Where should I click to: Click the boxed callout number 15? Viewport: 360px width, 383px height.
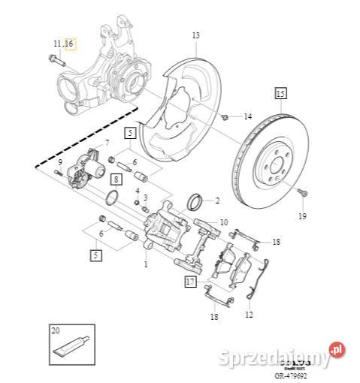tap(280, 94)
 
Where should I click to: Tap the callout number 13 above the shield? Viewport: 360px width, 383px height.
tap(195, 35)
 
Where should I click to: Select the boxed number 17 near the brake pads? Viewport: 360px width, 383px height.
tap(191, 282)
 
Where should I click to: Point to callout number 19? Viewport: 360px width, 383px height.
tap(302, 217)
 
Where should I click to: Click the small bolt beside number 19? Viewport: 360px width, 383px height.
tap(301, 193)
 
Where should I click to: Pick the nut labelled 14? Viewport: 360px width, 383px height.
tap(225, 117)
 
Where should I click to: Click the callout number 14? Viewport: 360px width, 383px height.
tap(249, 117)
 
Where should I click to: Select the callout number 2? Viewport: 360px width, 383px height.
tap(218, 201)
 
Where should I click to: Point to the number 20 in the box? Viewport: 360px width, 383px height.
tap(55, 330)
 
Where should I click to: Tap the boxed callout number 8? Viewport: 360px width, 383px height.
tap(116, 179)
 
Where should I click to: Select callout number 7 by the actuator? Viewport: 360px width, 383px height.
tap(107, 142)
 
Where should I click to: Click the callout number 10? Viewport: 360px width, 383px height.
tap(223, 223)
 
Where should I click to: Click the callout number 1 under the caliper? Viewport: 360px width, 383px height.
tap(146, 264)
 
